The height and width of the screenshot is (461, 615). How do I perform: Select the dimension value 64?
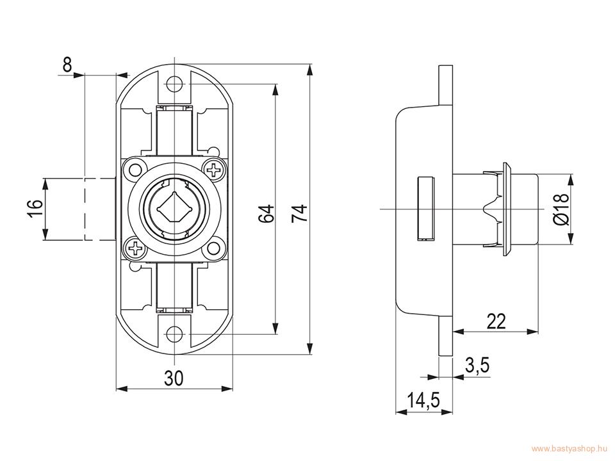tap(266, 214)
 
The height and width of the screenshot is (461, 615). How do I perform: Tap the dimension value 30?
tap(174, 378)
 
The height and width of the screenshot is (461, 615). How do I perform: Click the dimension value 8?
tap(67, 65)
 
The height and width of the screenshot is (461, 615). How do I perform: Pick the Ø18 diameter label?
tap(561, 209)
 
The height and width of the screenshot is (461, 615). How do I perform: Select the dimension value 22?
tap(496, 321)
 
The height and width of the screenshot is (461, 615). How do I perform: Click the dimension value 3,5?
tap(477, 366)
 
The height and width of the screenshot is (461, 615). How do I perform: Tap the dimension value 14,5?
tap(423, 400)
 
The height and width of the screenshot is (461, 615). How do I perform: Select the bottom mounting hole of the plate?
tap(174, 334)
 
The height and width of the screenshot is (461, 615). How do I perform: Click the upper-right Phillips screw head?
tap(214, 170)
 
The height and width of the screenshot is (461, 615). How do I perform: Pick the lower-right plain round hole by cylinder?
tap(214, 248)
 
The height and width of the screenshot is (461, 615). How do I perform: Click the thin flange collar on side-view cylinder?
tap(507, 209)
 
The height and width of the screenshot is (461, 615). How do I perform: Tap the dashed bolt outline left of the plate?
tap(100, 209)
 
